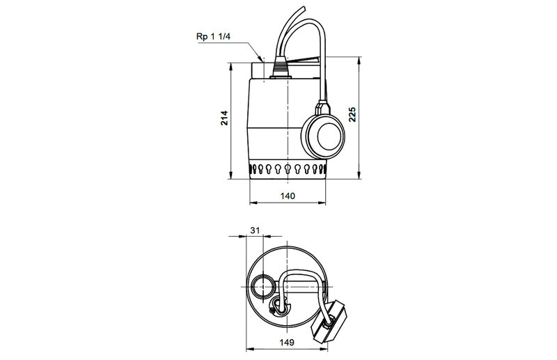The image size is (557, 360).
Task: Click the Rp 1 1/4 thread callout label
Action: click(214, 37)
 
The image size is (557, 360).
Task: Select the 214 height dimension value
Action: click(224, 118)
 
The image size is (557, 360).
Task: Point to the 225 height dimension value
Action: click(352, 114)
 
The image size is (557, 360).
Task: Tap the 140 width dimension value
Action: click(288, 196)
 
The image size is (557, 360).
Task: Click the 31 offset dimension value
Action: click(255, 230)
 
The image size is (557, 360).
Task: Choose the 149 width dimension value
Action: click(287, 342)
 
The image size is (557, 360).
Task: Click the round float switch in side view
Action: click(323, 136)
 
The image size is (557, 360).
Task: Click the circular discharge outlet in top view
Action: click(263, 287)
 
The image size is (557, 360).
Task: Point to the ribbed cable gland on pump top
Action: click(281, 70)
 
